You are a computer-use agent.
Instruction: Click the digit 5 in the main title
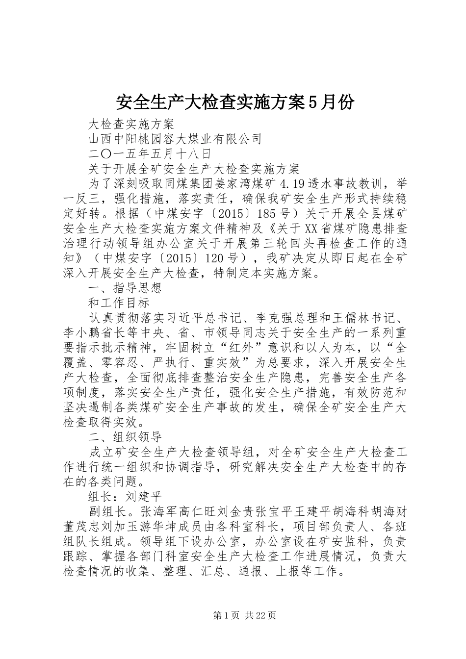coord(311,102)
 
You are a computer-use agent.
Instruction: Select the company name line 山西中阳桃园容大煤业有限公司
coord(175,139)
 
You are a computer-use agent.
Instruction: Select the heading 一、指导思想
coord(125,288)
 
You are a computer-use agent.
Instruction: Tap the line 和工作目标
coord(119,303)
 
